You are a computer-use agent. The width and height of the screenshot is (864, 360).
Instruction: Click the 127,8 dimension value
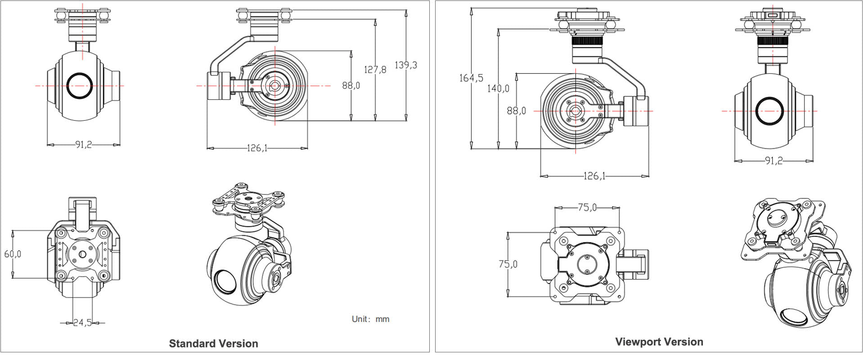(x=375, y=70)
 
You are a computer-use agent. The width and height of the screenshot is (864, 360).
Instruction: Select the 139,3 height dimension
(x=406, y=65)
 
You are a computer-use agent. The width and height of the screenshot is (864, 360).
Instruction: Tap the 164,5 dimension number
(x=471, y=78)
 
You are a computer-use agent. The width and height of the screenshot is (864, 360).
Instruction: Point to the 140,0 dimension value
(x=498, y=89)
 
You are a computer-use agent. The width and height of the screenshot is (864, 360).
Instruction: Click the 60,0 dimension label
(x=13, y=254)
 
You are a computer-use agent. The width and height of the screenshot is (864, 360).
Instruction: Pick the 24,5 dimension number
(x=82, y=323)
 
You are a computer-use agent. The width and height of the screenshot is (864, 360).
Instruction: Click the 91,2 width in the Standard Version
(x=83, y=145)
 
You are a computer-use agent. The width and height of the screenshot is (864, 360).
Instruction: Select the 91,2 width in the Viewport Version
(x=774, y=161)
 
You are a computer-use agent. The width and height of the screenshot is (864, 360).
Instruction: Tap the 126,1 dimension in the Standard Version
(x=257, y=148)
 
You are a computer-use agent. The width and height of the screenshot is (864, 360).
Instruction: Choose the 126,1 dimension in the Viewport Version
(x=594, y=176)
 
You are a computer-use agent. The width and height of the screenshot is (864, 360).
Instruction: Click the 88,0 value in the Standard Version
(x=351, y=85)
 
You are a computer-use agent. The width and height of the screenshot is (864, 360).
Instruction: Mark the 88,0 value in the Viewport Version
(x=516, y=111)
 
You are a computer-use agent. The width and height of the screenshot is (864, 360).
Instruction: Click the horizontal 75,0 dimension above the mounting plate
(x=587, y=207)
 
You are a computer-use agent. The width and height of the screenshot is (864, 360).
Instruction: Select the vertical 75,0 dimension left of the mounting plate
(x=508, y=264)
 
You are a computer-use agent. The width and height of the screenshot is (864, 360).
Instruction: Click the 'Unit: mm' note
(x=370, y=319)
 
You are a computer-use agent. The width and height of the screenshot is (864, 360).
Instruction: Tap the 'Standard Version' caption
(x=213, y=344)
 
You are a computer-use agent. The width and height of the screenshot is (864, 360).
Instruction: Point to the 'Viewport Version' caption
(x=659, y=342)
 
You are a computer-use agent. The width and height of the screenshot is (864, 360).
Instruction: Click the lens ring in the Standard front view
(x=80, y=85)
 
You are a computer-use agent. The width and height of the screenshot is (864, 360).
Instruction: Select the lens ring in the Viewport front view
(x=769, y=111)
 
